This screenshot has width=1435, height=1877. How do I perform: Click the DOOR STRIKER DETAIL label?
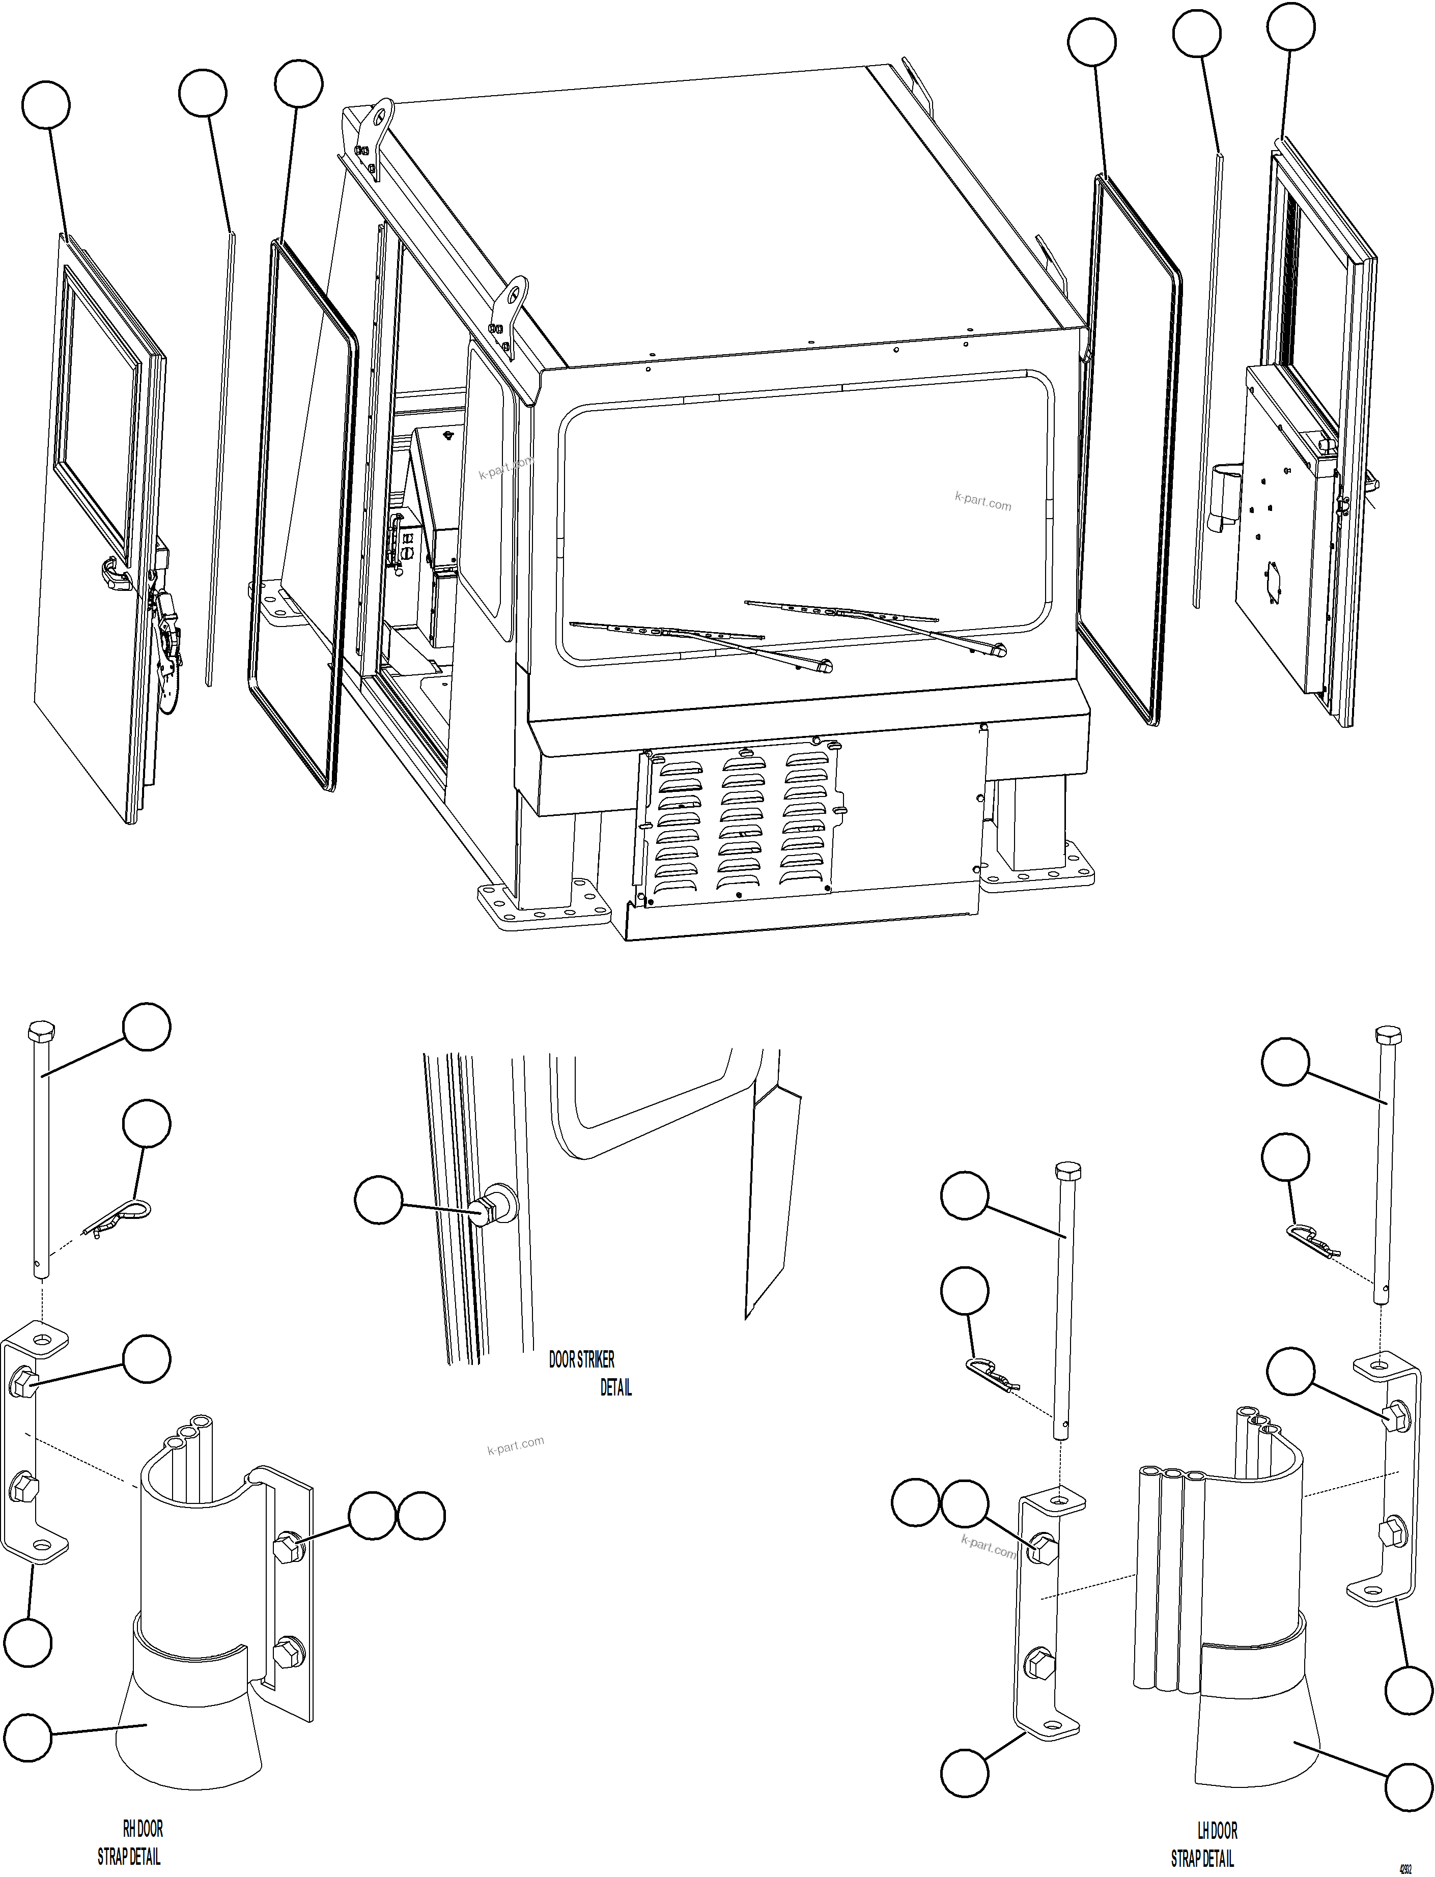click(x=589, y=1372)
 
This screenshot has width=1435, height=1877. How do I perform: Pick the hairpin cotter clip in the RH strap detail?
click(x=120, y=1223)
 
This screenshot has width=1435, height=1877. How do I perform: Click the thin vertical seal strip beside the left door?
click(x=219, y=461)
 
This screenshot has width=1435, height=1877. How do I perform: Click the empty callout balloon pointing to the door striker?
click(x=378, y=1199)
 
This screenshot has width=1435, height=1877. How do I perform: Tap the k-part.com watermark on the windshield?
click(x=982, y=501)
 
